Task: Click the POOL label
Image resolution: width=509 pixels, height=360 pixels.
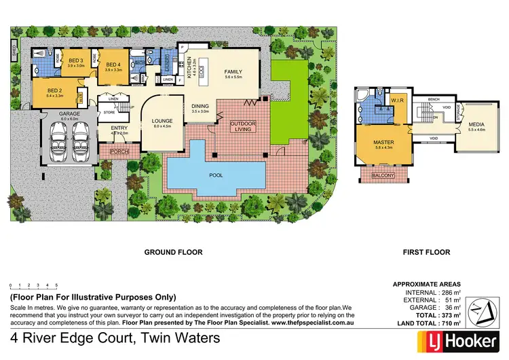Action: pyautogui.click(x=216, y=175)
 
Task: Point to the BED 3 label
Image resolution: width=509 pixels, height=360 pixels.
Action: pyautogui.click(x=75, y=60)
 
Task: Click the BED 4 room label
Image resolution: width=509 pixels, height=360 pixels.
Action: pyautogui.click(x=113, y=65)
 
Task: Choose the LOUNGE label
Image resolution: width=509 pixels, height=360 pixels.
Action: pyautogui.click(x=162, y=121)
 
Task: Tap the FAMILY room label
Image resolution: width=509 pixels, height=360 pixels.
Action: pyautogui.click(x=233, y=71)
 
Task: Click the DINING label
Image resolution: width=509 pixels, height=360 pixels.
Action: pyautogui.click(x=200, y=106)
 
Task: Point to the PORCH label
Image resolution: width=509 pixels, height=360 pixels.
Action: pyautogui.click(x=119, y=151)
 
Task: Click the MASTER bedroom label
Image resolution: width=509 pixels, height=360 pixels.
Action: pyautogui.click(x=384, y=143)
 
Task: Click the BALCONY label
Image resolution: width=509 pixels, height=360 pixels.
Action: pyautogui.click(x=384, y=176)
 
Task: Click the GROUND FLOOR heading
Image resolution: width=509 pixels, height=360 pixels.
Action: pyautogui.click(x=173, y=252)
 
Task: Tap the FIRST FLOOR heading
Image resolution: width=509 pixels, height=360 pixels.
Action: pyautogui.click(x=426, y=252)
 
